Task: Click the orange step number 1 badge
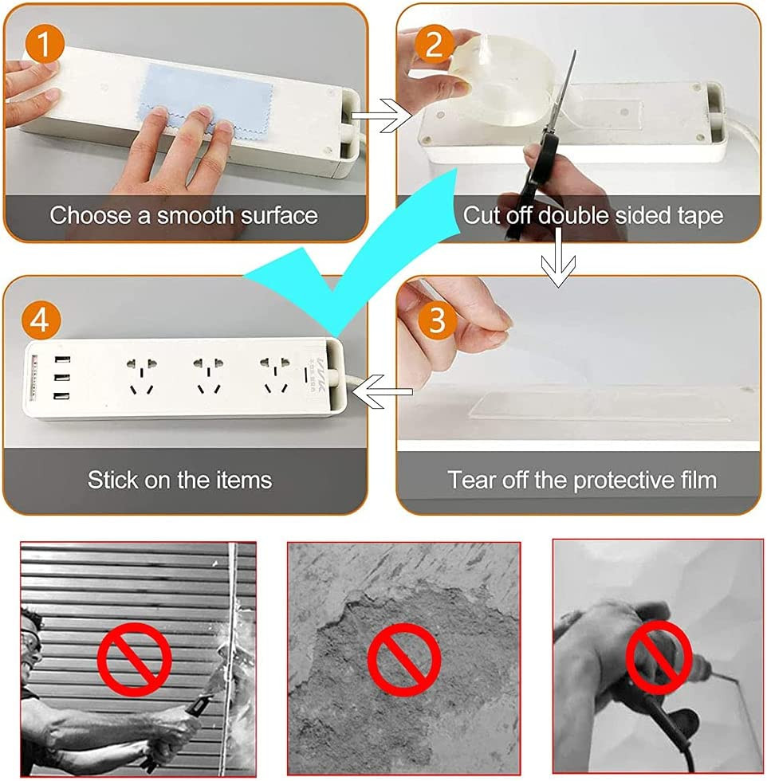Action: pyautogui.click(x=45, y=44)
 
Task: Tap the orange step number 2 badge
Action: pyautogui.click(x=434, y=44)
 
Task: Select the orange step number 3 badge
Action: pyautogui.click(x=437, y=320)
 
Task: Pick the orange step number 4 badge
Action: pyautogui.click(x=41, y=320)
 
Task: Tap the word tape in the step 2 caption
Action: pyautogui.click(x=700, y=216)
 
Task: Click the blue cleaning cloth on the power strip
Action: pyautogui.click(x=206, y=103)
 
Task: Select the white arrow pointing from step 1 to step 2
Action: pyautogui.click(x=382, y=116)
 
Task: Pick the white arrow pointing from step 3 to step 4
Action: pyautogui.click(x=382, y=391)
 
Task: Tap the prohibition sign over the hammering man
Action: pyautogui.click(x=135, y=659)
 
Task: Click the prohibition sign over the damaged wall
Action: pyautogui.click(x=404, y=660)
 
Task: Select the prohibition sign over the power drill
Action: pyautogui.click(x=659, y=657)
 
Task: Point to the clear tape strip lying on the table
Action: pyautogui.click(x=598, y=405)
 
